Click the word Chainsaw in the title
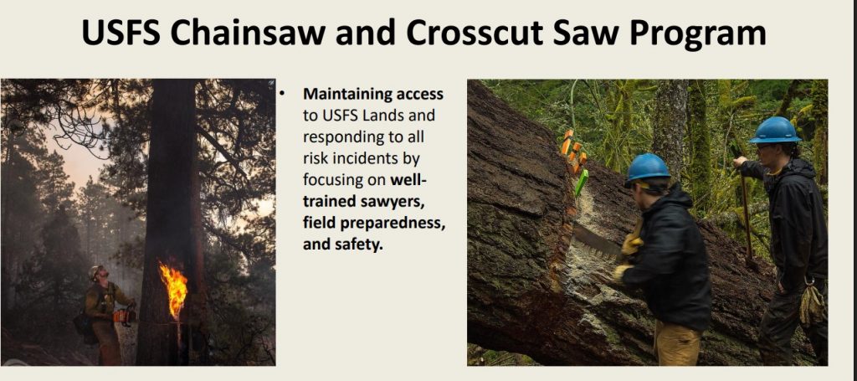click(x=248, y=33)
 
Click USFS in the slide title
click(x=121, y=33)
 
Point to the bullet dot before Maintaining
click(x=282, y=94)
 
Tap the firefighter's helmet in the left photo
click(x=95, y=270)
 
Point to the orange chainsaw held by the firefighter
click(x=124, y=316)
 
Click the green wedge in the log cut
click(x=581, y=183)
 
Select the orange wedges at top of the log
click(x=573, y=151)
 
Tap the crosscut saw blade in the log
click(x=597, y=240)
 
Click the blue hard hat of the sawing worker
click(x=649, y=167)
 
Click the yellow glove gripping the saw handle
click(x=633, y=243)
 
